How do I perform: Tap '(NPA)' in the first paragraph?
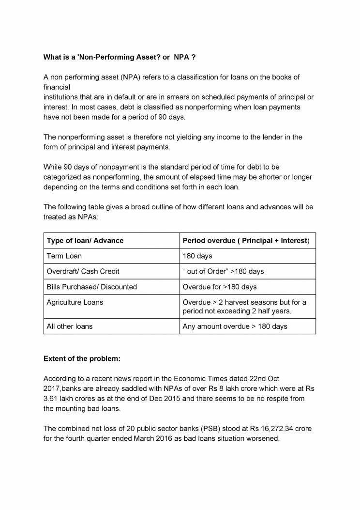134,77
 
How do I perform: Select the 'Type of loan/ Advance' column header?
85,241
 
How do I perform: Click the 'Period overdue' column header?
246,241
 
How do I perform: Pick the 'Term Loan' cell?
64,256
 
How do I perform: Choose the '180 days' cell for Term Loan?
197,256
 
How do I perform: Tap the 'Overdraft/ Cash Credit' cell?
83,271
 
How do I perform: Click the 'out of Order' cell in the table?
223,271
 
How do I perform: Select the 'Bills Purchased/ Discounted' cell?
91,287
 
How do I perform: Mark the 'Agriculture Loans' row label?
75,302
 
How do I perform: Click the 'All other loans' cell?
69,326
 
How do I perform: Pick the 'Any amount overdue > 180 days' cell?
235,326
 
